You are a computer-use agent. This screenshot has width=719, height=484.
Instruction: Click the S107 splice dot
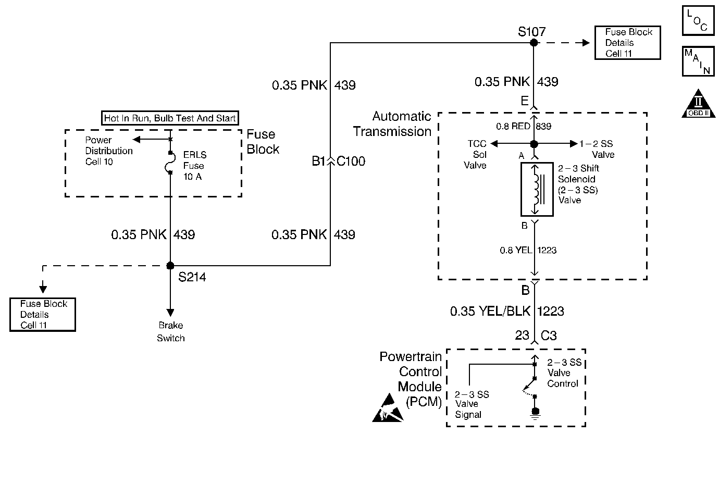click(534, 42)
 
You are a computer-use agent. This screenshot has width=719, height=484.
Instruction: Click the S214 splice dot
click(170, 265)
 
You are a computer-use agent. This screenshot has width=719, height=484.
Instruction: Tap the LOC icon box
click(698, 20)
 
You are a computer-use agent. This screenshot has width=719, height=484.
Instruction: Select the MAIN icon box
click(698, 61)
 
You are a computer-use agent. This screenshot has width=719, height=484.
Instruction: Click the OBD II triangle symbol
click(698, 104)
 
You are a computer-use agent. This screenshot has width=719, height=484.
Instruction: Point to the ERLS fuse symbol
click(170, 163)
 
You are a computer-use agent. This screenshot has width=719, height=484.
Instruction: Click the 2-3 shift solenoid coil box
click(537, 189)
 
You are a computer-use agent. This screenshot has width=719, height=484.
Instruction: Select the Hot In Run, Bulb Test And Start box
click(170, 118)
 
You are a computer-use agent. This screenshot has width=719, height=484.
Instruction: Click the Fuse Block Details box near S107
click(627, 43)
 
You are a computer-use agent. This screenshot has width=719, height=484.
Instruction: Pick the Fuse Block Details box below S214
click(43, 315)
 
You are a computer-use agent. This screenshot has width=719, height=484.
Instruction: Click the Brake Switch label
click(171, 331)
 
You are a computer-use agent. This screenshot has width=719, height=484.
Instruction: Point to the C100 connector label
click(351, 161)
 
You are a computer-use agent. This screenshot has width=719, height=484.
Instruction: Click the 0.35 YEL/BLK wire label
click(490, 311)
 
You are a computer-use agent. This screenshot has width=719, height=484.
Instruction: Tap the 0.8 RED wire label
click(513, 126)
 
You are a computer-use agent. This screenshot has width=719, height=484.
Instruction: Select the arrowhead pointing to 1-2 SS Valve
click(574, 143)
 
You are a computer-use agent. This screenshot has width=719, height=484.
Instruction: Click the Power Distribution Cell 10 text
click(108, 151)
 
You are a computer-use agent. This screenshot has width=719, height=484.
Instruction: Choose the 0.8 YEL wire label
click(516, 250)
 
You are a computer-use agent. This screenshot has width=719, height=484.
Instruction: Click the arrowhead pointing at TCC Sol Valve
click(494, 143)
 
